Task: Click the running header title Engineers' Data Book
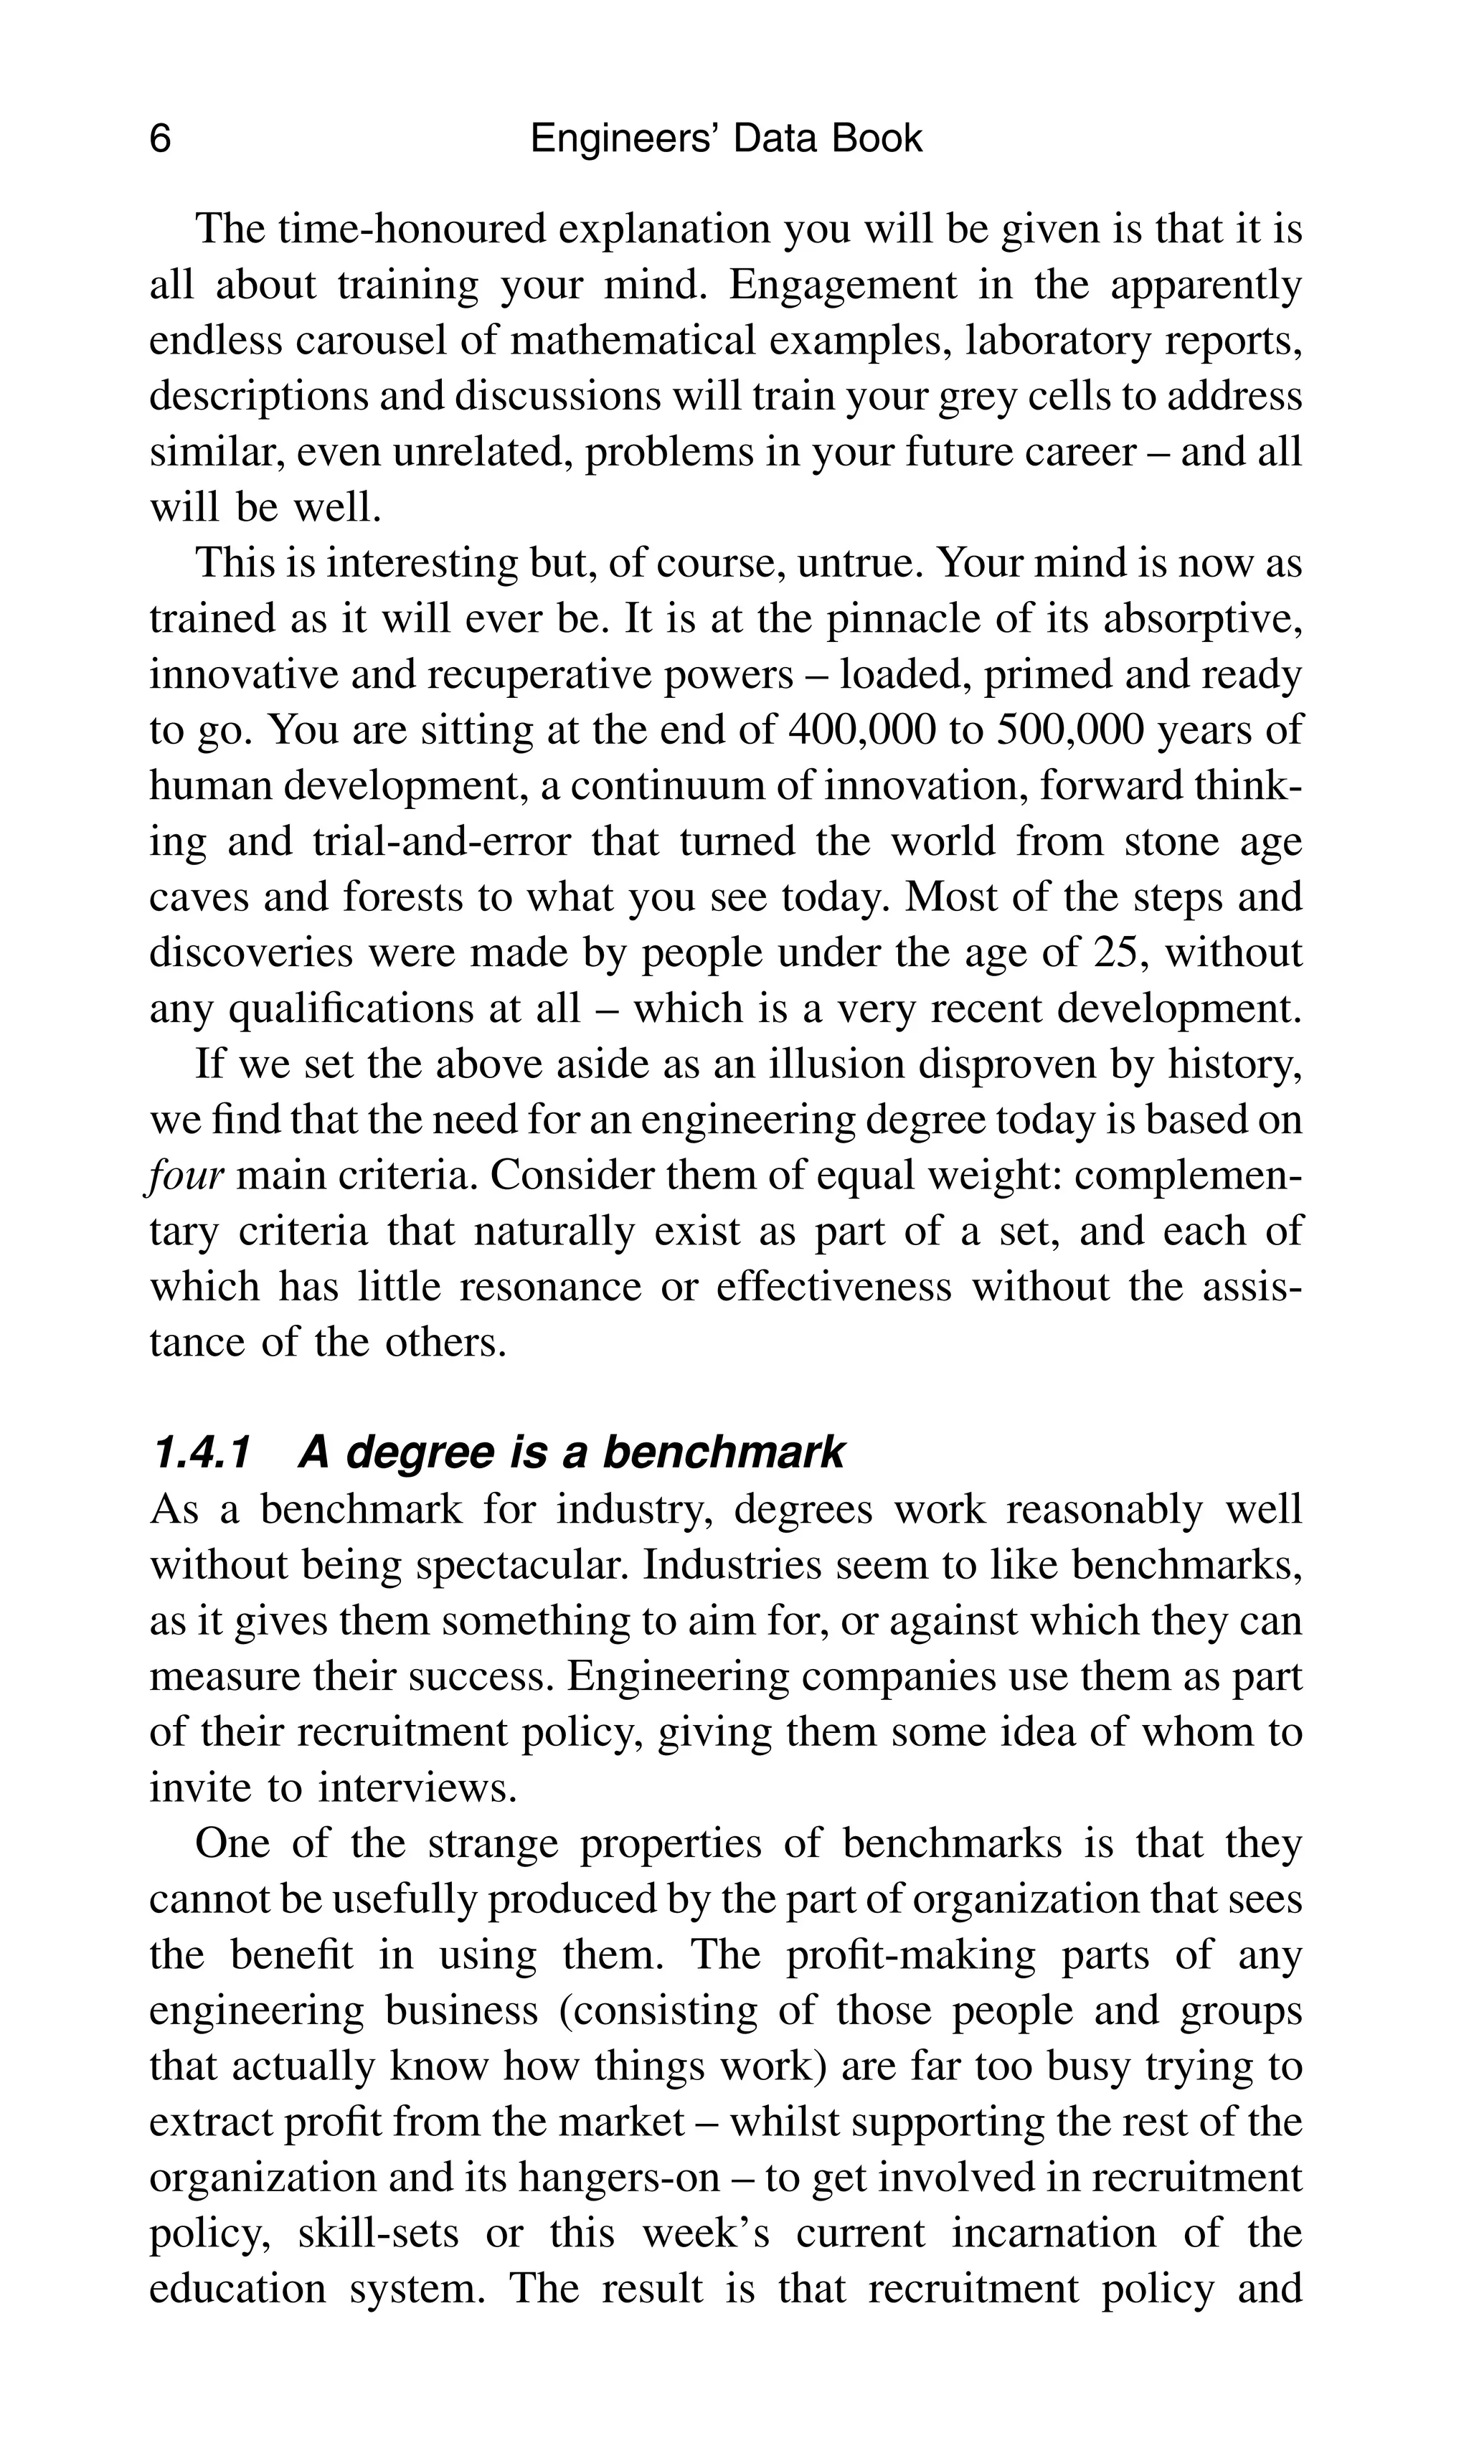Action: [x=726, y=138]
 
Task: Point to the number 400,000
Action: [x=862, y=731]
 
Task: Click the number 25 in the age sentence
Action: [x=1120, y=953]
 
